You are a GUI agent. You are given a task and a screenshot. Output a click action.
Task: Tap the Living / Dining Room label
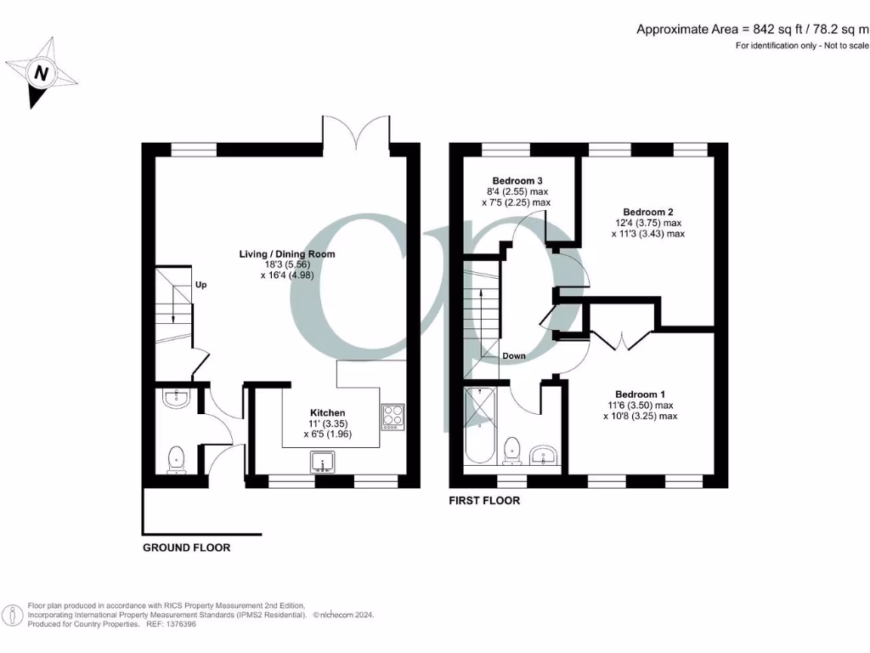[x=286, y=253]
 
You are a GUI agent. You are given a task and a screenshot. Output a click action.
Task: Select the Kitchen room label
[x=328, y=412]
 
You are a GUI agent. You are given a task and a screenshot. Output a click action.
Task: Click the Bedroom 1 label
[x=640, y=395]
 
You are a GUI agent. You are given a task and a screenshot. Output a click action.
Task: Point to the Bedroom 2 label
[x=648, y=212]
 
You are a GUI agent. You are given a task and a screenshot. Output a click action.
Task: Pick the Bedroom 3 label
[x=517, y=180]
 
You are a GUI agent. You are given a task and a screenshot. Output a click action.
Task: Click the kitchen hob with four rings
[x=393, y=415]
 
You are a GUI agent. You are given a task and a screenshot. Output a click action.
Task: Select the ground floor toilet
[x=177, y=459]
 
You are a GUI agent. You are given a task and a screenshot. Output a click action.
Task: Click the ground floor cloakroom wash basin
[x=177, y=398]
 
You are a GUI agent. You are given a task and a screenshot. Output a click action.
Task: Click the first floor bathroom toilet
[x=512, y=451]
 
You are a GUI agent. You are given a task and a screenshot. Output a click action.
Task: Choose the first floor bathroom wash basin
[x=543, y=455]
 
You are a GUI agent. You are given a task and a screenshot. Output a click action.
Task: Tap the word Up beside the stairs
[x=201, y=285]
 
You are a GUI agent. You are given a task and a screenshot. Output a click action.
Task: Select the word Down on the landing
[x=514, y=355]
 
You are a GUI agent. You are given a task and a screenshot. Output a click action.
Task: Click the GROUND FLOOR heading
[x=186, y=548]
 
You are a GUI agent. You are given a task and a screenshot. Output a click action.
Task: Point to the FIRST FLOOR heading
[x=484, y=501]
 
